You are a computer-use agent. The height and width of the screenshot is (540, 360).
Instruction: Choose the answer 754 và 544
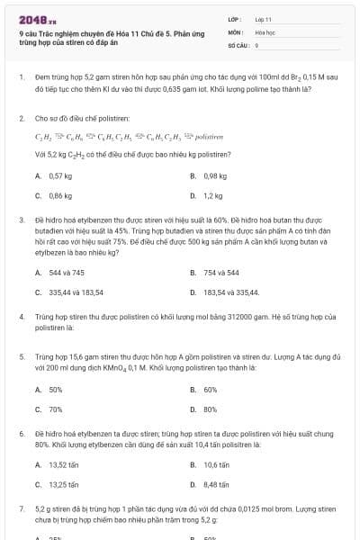[220, 272]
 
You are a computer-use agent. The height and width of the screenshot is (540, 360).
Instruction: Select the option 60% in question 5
[211, 390]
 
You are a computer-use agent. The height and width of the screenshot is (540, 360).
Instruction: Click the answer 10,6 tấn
[216, 465]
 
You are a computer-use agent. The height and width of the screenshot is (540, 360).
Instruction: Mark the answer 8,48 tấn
[216, 484]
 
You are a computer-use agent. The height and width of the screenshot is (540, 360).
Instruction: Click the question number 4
[21, 318]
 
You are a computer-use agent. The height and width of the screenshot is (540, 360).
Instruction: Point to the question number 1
[21, 78]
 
